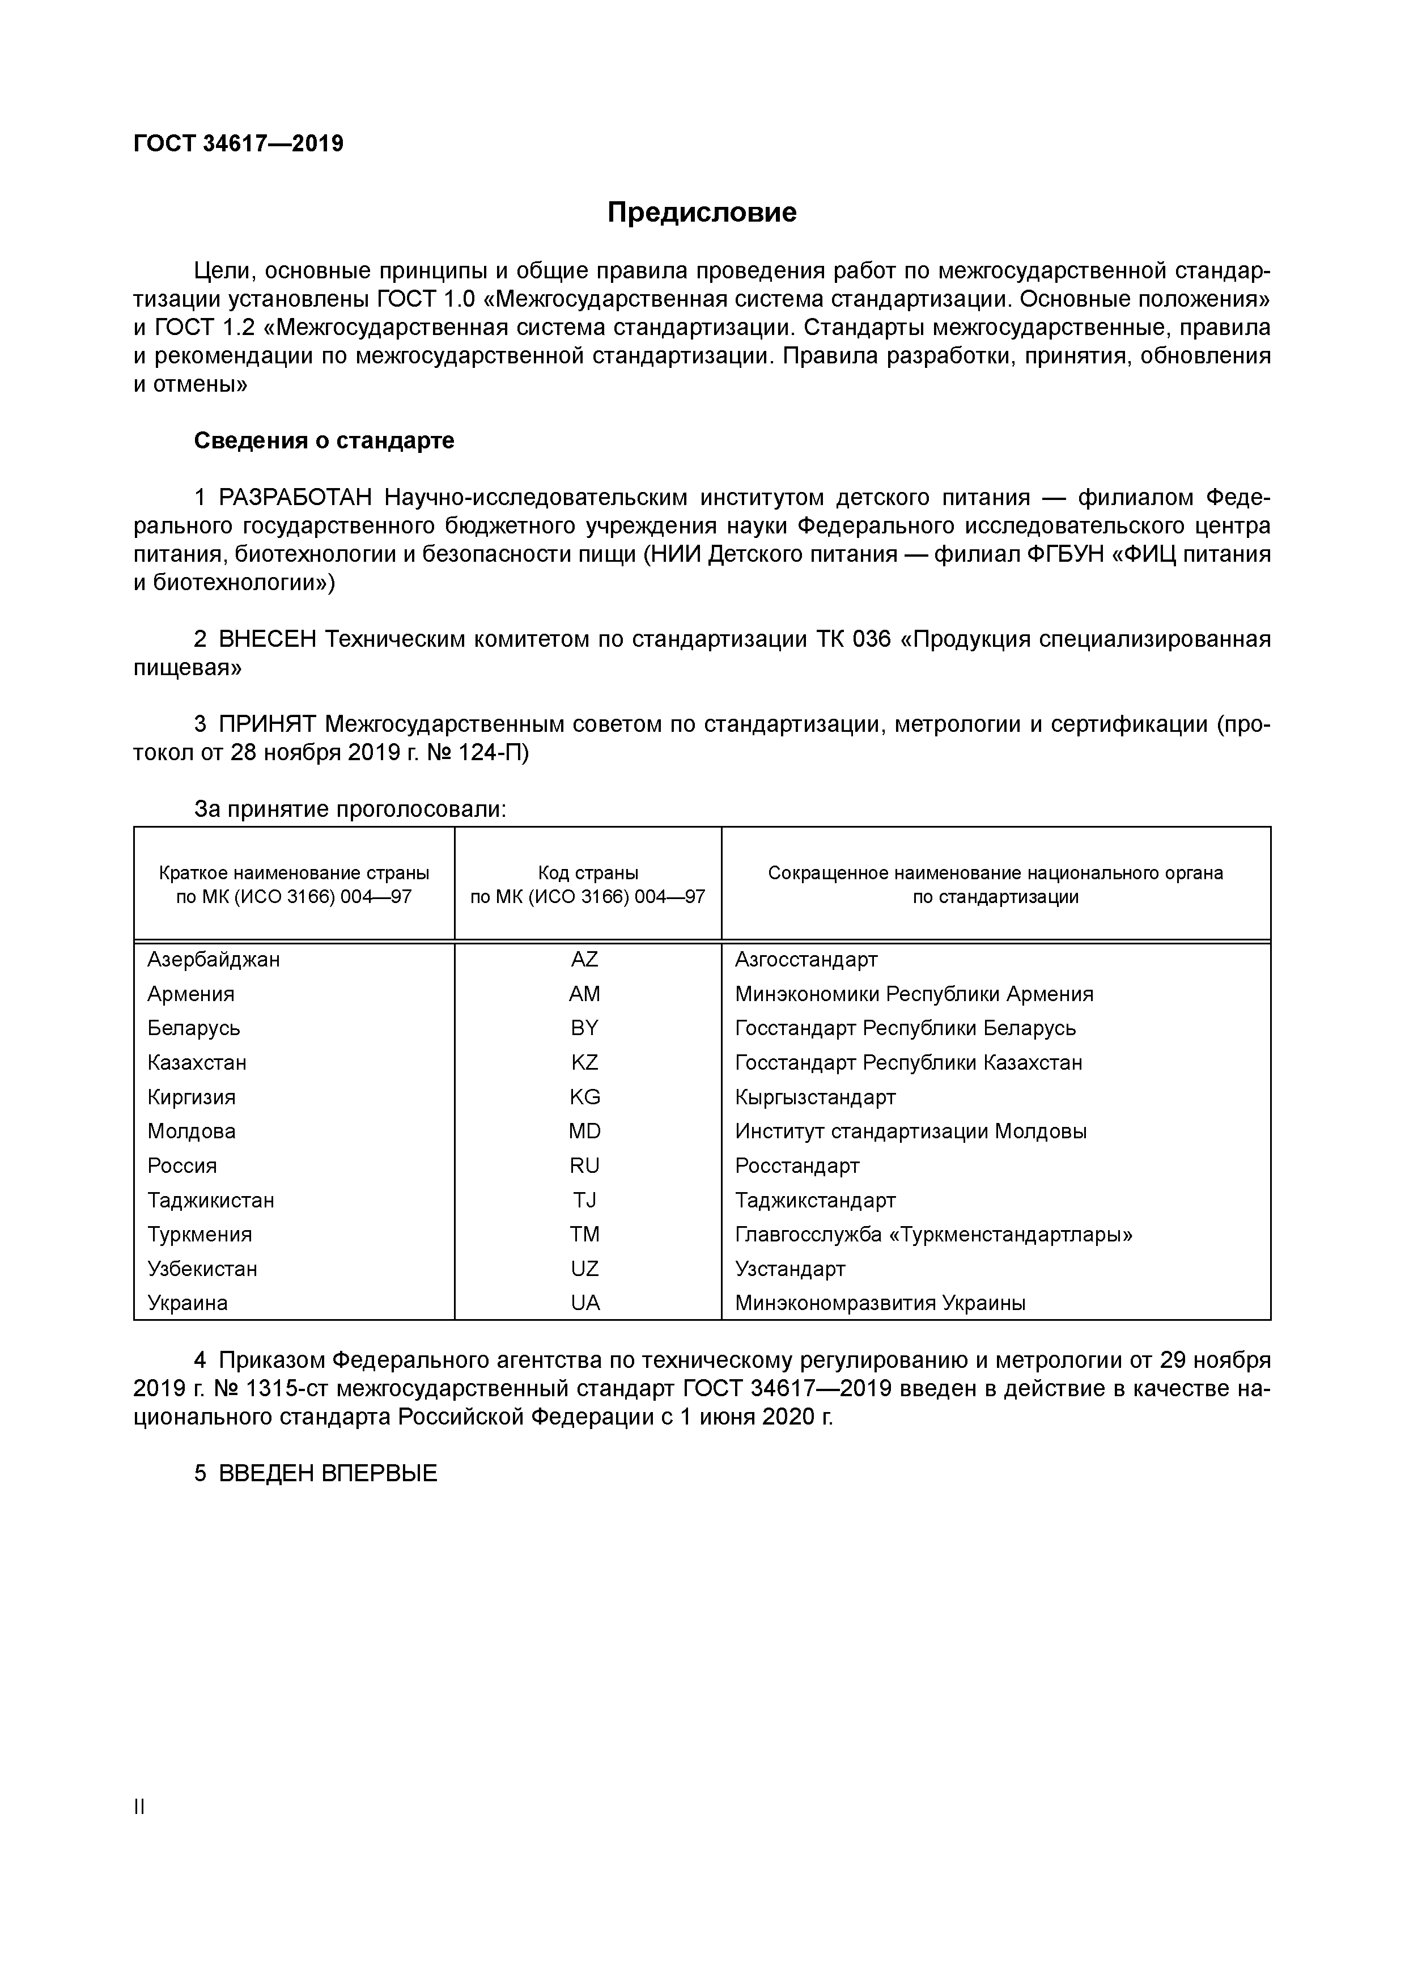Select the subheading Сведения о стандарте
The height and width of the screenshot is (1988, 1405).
[324, 440]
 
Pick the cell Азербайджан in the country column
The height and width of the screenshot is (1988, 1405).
[213, 959]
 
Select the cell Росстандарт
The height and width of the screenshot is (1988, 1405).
[796, 1165]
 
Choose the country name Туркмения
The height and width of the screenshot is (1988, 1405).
[199, 1234]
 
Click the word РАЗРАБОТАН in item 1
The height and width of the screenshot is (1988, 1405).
[295, 498]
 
